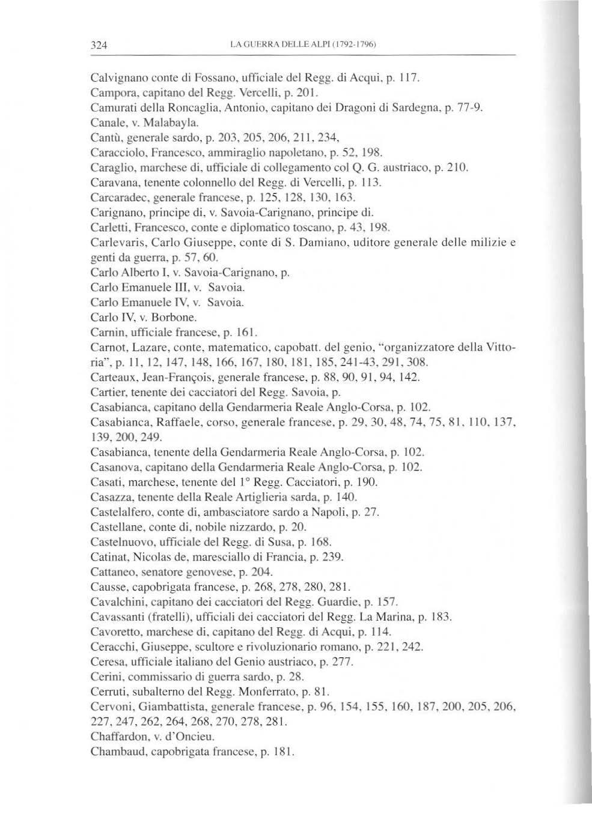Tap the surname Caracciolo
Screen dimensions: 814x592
click(115, 150)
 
